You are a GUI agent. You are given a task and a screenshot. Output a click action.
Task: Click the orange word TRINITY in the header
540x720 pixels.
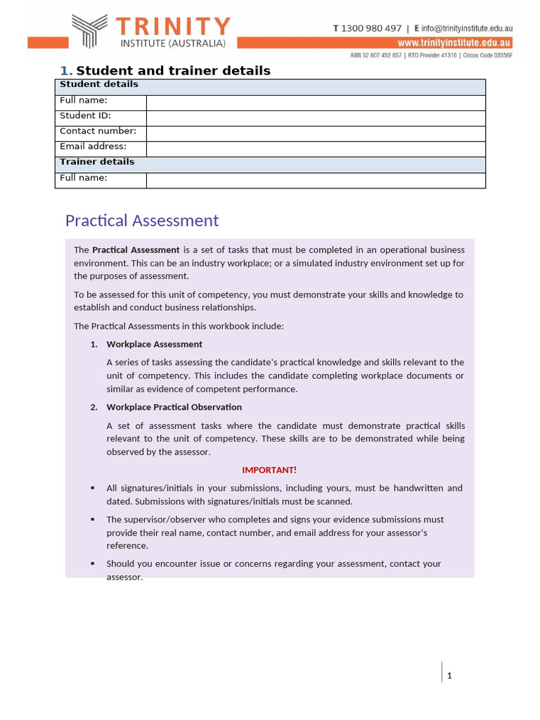pyautogui.click(x=173, y=27)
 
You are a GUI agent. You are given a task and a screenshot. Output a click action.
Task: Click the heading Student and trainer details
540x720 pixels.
pyautogui.click(x=173, y=70)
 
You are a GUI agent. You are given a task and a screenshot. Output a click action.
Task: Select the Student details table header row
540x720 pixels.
pyautogui.click(x=270, y=86)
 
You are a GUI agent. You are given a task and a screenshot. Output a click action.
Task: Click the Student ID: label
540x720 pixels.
pyautogui.click(x=85, y=116)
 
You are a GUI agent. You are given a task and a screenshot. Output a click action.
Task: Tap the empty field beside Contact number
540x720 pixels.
pyautogui.click(x=315, y=133)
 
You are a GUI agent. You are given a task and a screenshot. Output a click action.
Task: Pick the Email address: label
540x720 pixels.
pyautogui.click(x=93, y=147)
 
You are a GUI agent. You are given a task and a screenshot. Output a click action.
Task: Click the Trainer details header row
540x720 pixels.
pyautogui.click(x=270, y=163)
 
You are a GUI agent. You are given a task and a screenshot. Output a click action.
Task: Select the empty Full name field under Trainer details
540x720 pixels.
pyautogui.click(x=315, y=180)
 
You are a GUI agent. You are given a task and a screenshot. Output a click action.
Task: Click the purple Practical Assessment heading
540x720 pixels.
pyautogui.click(x=142, y=221)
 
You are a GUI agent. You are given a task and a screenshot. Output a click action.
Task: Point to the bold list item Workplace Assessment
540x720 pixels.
pyautogui.click(x=154, y=345)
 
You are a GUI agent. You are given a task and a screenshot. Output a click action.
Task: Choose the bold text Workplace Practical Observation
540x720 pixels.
pyautogui.click(x=174, y=407)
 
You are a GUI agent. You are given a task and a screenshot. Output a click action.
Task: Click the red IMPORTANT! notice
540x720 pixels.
pyautogui.click(x=269, y=470)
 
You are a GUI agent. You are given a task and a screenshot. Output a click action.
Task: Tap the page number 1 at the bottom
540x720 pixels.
pyautogui.click(x=449, y=676)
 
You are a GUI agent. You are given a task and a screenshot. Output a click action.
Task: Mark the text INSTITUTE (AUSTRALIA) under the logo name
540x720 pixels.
pyautogui.click(x=172, y=44)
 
